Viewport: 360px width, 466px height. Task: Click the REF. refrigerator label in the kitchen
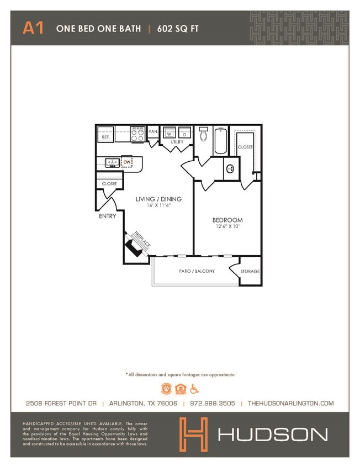[105, 137]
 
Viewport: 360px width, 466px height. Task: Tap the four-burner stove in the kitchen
[137, 133]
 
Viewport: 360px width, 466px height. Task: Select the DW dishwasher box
[127, 162]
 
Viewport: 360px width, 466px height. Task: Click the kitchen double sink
[111, 162]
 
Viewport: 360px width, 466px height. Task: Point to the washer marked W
[168, 134]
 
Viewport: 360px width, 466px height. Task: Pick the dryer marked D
[184, 134]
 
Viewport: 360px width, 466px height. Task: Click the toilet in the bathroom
[203, 134]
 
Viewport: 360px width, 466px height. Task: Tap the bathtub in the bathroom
[220, 140]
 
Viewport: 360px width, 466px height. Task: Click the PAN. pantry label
[153, 131]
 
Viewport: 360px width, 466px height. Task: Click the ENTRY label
[107, 216]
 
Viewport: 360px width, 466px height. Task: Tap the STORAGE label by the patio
[250, 272]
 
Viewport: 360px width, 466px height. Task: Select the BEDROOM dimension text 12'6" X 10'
[227, 227]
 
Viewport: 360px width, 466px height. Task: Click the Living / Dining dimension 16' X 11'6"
[159, 205]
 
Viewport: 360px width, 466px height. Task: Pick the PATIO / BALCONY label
[197, 271]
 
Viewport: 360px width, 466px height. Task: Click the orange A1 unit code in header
[33, 28]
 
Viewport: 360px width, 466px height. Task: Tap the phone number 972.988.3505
[213, 403]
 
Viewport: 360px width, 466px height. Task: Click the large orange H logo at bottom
[193, 433]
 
